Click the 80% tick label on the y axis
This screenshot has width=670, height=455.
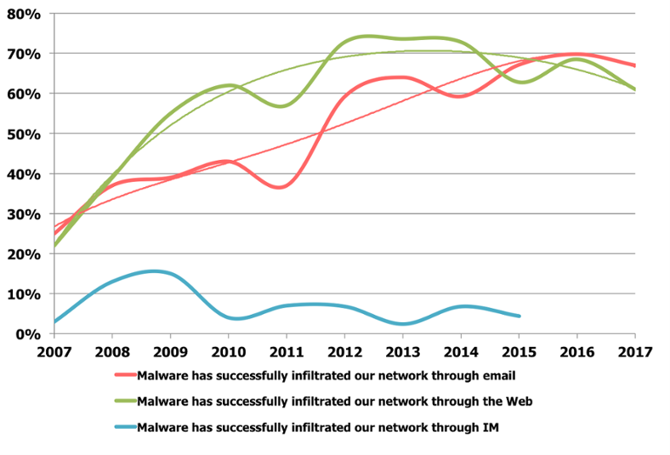click(24, 14)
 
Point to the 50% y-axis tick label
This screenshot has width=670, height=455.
click(24, 134)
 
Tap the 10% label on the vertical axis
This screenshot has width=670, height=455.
click(24, 293)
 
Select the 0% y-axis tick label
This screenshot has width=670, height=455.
click(28, 333)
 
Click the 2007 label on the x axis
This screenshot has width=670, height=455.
click(54, 350)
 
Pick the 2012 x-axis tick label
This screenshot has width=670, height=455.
click(345, 350)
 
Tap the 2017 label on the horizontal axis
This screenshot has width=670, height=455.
click(635, 350)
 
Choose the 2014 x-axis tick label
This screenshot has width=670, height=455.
click(461, 350)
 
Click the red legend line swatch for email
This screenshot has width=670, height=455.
click(124, 373)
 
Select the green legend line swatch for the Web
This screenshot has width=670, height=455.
click(124, 401)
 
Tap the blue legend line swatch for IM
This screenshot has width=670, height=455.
click(124, 428)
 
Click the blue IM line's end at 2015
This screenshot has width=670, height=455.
click(520, 316)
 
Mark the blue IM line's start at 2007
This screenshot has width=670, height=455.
click(54, 321)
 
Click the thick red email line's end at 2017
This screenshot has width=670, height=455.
click(635, 65)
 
